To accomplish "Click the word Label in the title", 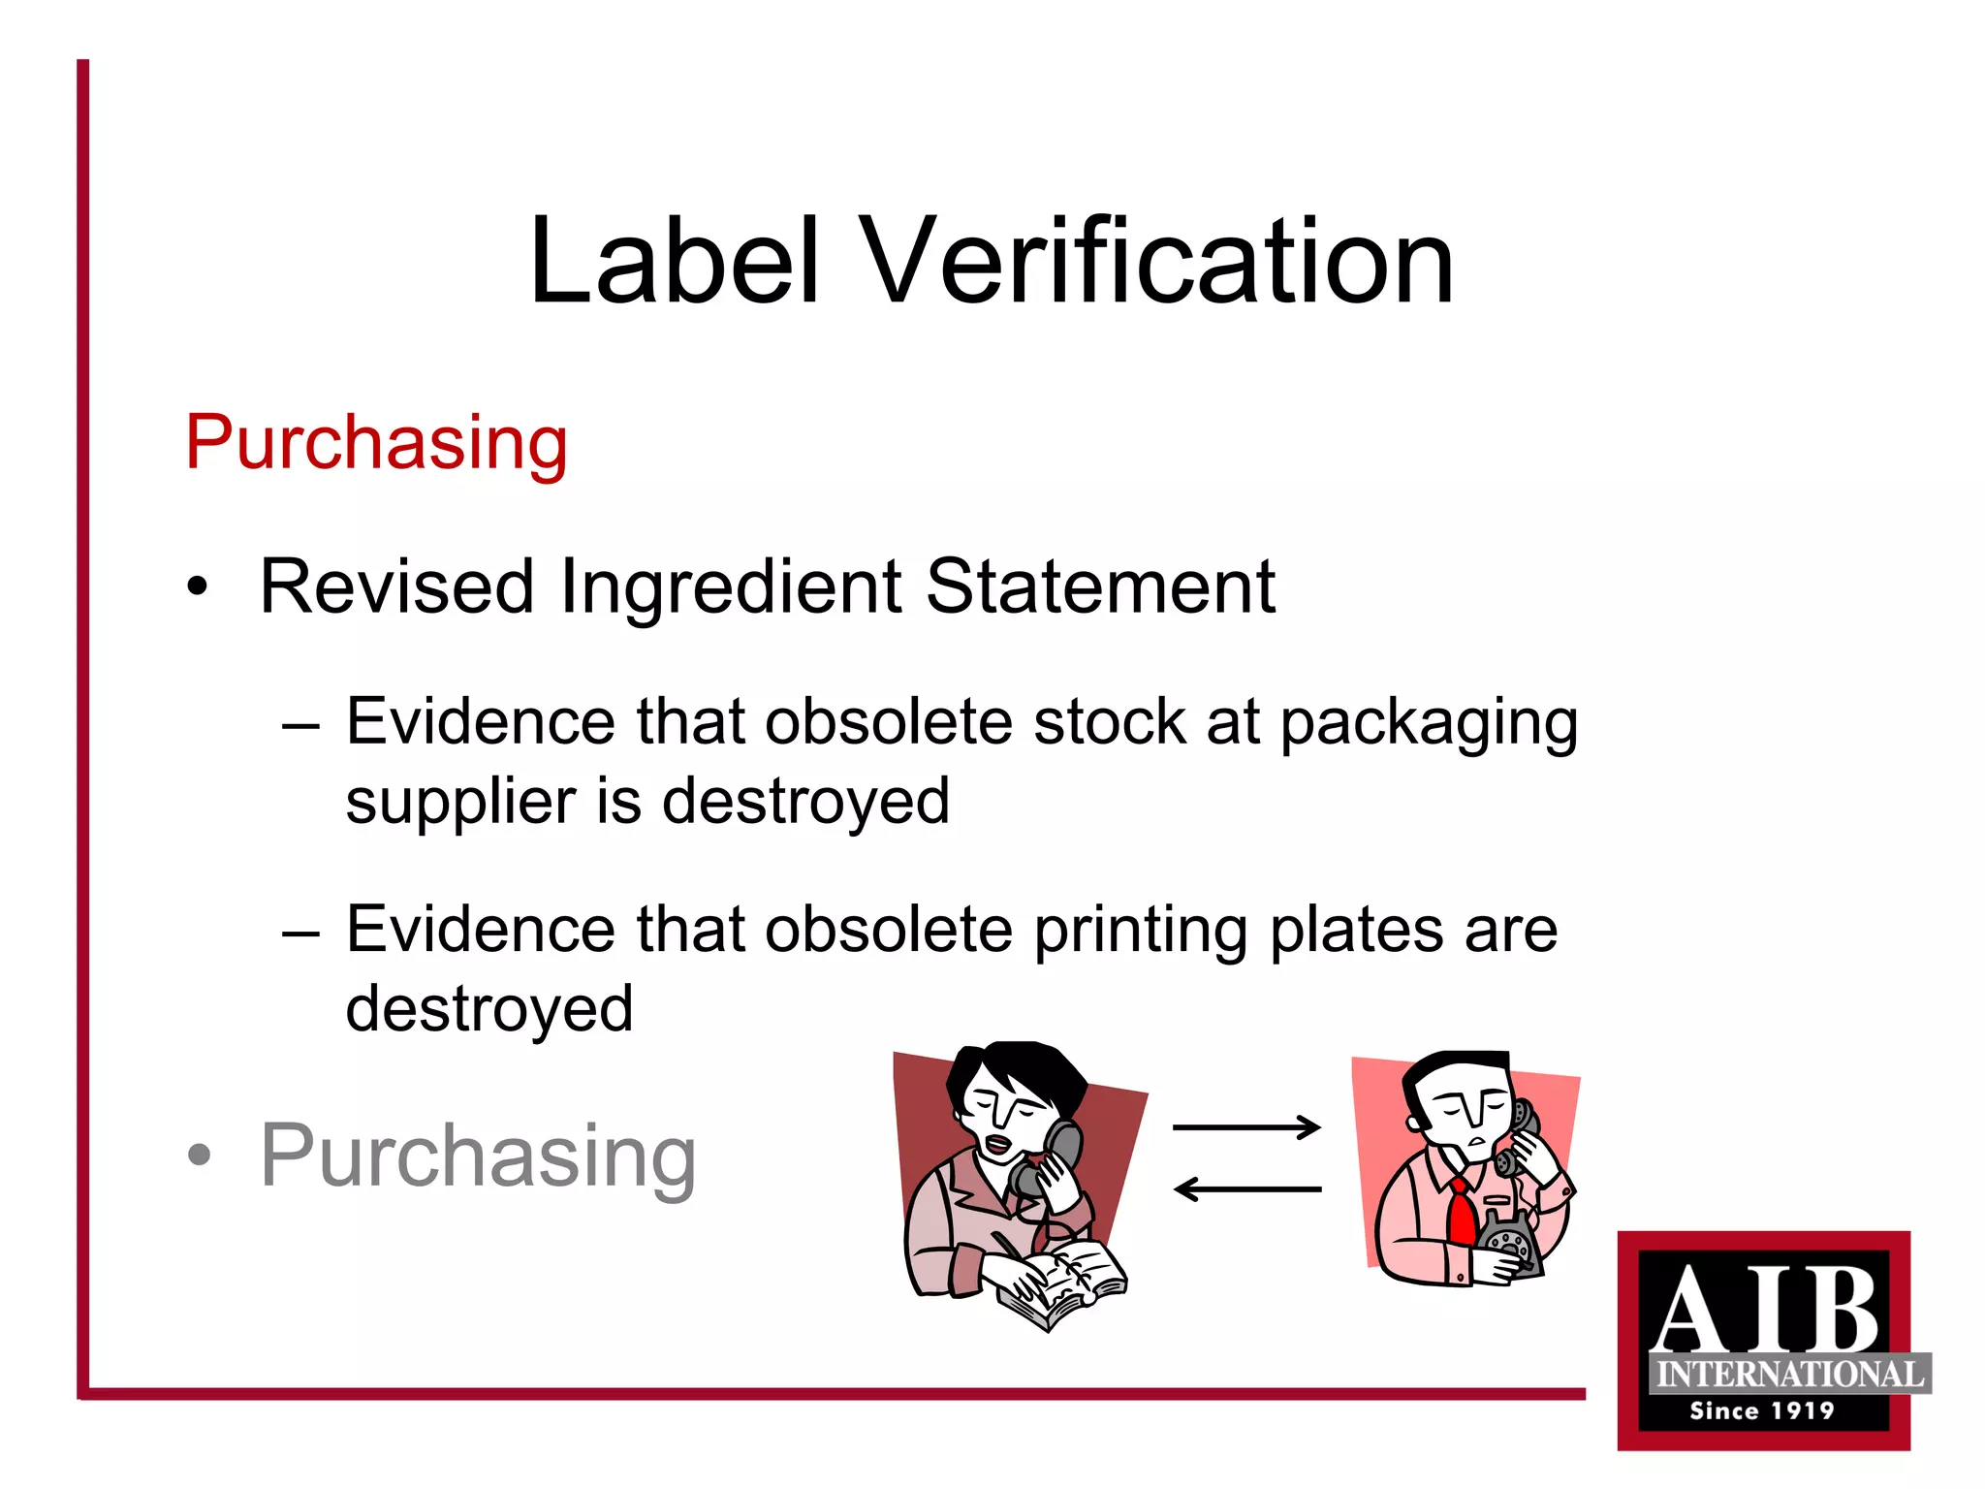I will click(x=675, y=262).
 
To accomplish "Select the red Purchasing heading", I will click(x=376, y=443).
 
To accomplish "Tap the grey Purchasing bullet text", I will click(x=478, y=1156).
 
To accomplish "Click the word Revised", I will click(x=396, y=586).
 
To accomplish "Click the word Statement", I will click(x=1100, y=586).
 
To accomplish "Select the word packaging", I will click(x=1429, y=725).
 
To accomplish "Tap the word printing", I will click(x=1140, y=931).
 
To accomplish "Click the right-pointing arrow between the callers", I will click(x=1246, y=1126).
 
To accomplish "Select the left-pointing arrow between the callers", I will click(x=1246, y=1188).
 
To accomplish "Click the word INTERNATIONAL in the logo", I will click(x=1789, y=1374).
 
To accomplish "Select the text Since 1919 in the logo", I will click(x=1762, y=1410).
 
